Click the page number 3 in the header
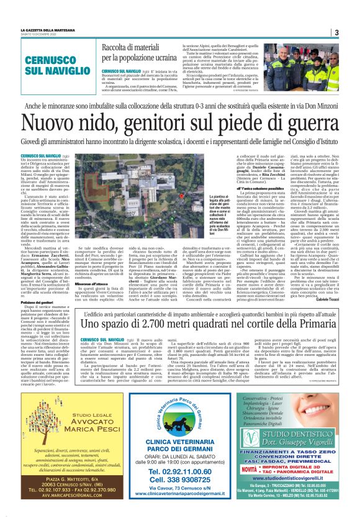pos(336,32)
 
